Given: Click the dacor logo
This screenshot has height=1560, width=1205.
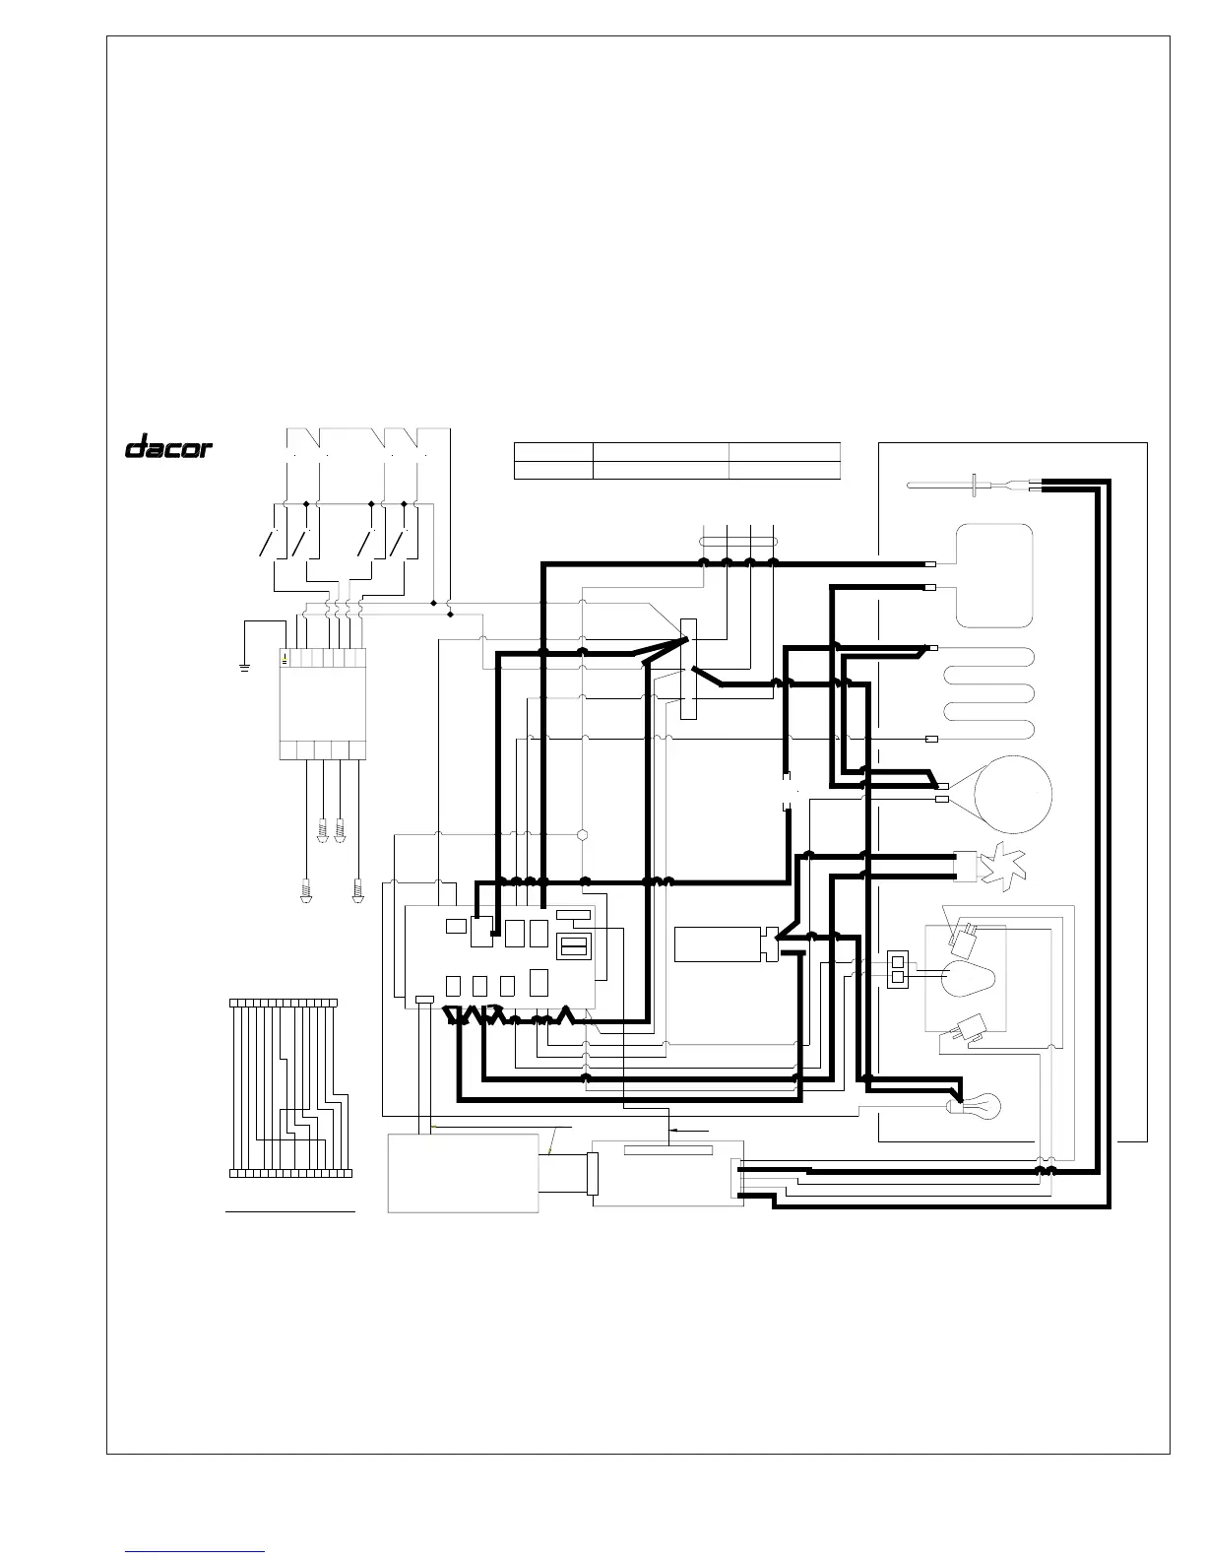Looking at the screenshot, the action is click(x=168, y=446).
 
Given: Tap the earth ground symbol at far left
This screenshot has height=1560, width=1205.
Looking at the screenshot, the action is click(x=244, y=668).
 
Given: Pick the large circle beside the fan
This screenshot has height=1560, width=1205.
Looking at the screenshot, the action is click(x=1013, y=795).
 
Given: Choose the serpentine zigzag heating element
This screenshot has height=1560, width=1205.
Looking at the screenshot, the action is click(x=988, y=693).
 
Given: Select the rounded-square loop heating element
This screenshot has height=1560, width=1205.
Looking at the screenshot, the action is click(x=994, y=576).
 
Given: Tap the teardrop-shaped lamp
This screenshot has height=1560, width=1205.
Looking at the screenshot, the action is click(x=968, y=978).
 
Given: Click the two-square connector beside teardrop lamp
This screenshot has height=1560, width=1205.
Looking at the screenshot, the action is click(x=897, y=969).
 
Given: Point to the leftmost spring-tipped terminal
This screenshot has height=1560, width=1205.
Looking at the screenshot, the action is click(x=306, y=891).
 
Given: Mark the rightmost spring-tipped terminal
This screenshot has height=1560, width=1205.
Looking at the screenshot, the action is click(x=357, y=891).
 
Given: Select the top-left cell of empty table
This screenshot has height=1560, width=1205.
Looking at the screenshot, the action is click(x=553, y=452).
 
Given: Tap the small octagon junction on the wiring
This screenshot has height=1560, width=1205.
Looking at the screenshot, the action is click(x=583, y=835).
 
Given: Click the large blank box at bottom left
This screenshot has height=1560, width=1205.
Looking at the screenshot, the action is click(x=463, y=1173).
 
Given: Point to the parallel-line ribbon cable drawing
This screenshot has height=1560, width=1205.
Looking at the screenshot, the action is click(x=290, y=1087).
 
